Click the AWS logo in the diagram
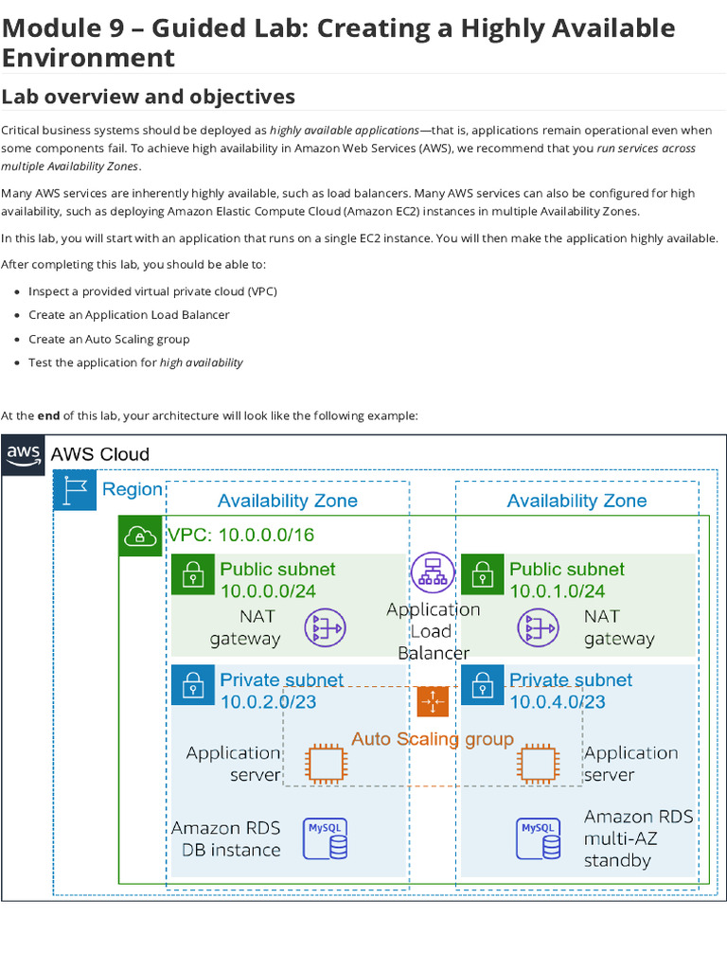[24, 455]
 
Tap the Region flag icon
[75, 490]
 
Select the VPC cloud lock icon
[140, 537]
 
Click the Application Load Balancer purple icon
[433, 573]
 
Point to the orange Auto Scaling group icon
[433, 701]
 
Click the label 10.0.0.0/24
[268, 591]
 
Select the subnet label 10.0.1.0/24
[557, 591]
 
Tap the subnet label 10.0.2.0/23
[268, 702]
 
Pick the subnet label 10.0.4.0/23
[557, 702]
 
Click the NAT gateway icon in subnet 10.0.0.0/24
[325, 627]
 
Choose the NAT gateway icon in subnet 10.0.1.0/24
[538, 627]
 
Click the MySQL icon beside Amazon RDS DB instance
[325, 838]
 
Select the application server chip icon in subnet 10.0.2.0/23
[325, 763]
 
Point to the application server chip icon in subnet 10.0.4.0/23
[538, 763]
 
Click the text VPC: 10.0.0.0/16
[240, 536]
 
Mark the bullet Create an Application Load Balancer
[129, 315]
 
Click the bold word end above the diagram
[48, 415]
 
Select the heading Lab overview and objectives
[148, 97]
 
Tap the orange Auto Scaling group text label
[433, 739]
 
